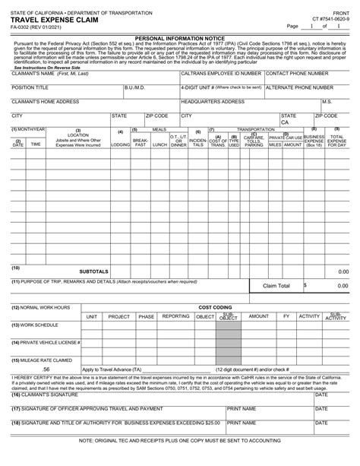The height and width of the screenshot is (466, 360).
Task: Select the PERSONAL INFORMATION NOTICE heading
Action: (179, 36)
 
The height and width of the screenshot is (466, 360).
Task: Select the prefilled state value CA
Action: (285, 122)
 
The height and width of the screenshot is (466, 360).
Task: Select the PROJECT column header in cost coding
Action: (119, 315)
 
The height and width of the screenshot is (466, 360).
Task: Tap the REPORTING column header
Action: (176, 315)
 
